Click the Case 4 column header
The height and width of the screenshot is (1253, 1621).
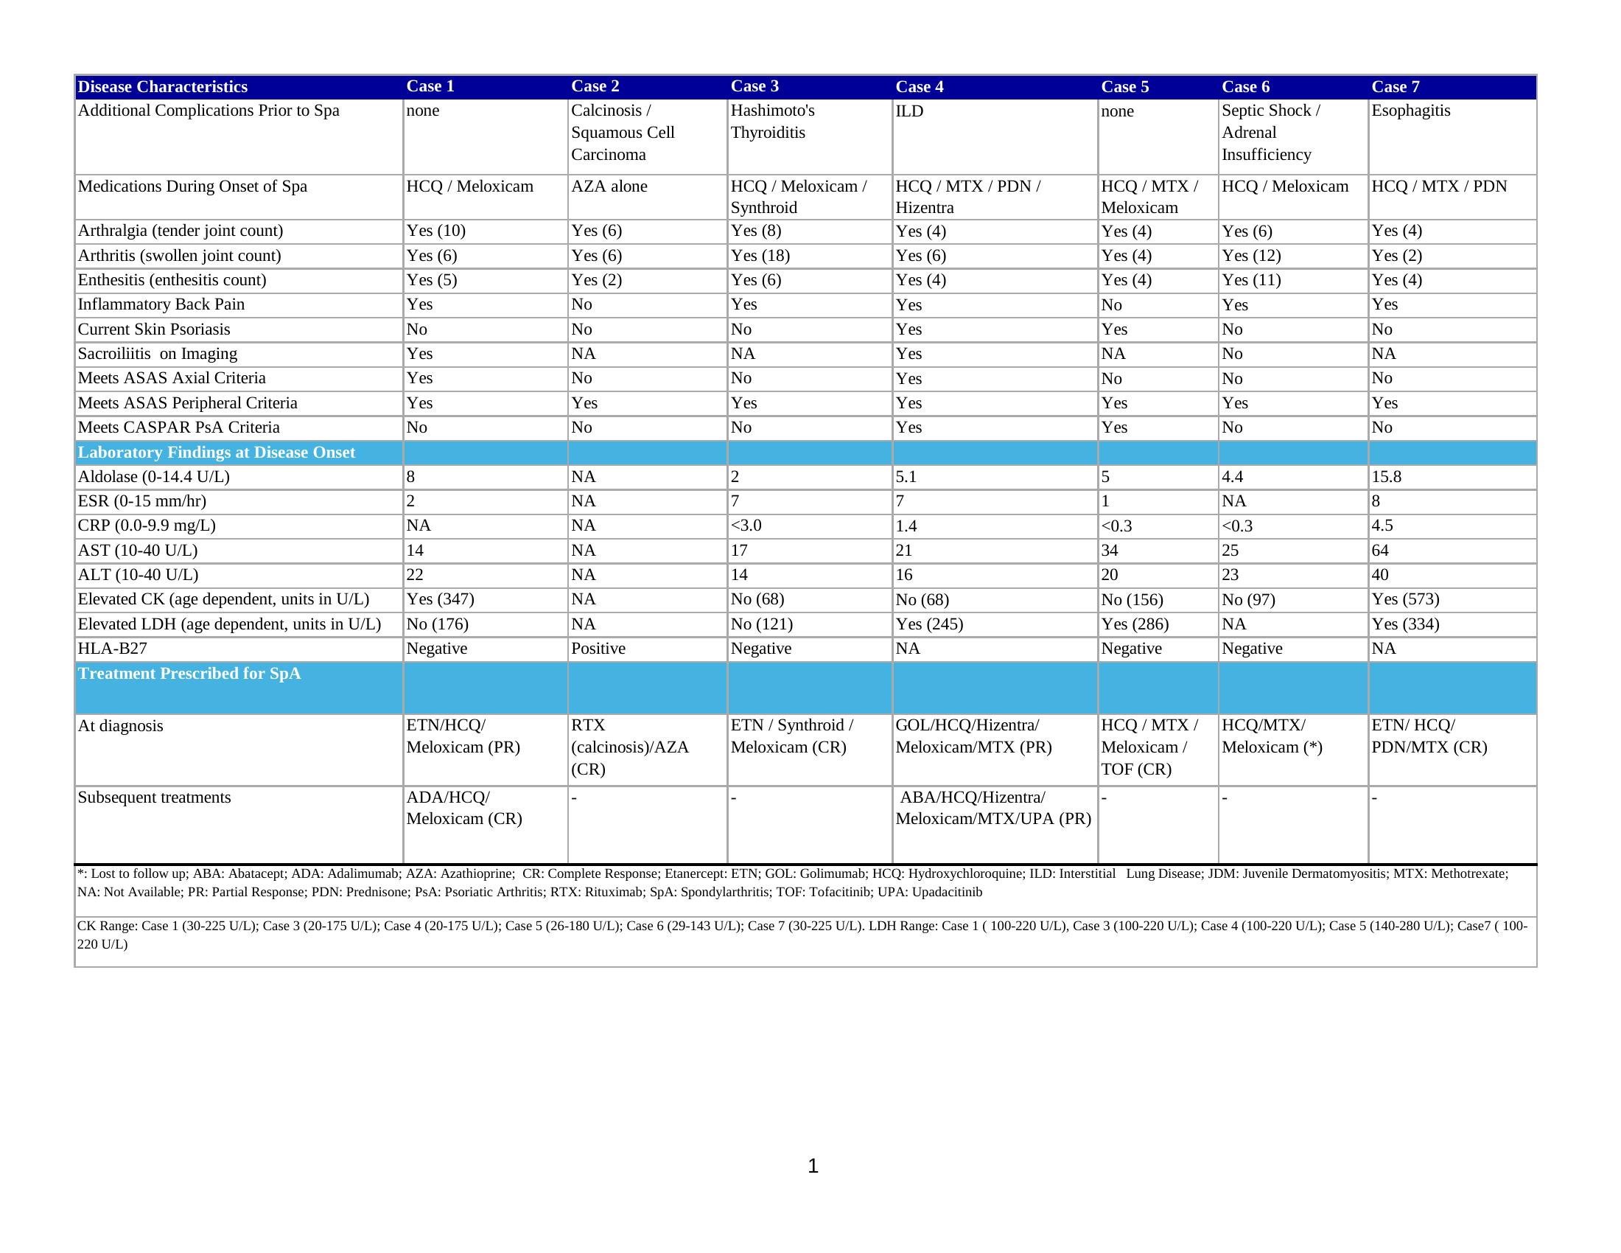click(x=919, y=87)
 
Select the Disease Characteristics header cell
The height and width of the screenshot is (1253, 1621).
click(x=163, y=87)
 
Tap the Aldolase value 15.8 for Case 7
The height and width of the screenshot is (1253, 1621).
click(x=1386, y=477)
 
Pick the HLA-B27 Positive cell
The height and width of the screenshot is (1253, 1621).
click(x=598, y=649)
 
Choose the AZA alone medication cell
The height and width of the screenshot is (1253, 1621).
click(x=609, y=186)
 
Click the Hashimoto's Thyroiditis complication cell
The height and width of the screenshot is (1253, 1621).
click(x=772, y=122)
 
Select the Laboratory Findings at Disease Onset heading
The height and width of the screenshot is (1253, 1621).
click(x=216, y=452)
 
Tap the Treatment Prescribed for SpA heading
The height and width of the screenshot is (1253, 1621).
click(x=189, y=673)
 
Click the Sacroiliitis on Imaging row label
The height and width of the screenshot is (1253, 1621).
click(x=158, y=353)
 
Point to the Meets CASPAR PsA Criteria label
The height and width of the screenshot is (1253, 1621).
click(x=178, y=427)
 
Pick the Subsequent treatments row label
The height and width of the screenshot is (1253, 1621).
click(x=155, y=797)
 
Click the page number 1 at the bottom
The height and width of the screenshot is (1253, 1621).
click(x=813, y=1166)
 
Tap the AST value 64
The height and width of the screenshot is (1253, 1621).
click(x=1380, y=551)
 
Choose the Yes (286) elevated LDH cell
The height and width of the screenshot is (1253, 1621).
click(x=1134, y=624)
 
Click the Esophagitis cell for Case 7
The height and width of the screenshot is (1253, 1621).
click(x=1410, y=111)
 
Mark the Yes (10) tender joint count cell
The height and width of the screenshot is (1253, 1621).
click(x=435, y=231)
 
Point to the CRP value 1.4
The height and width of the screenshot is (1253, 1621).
click(x=906, y=526)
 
